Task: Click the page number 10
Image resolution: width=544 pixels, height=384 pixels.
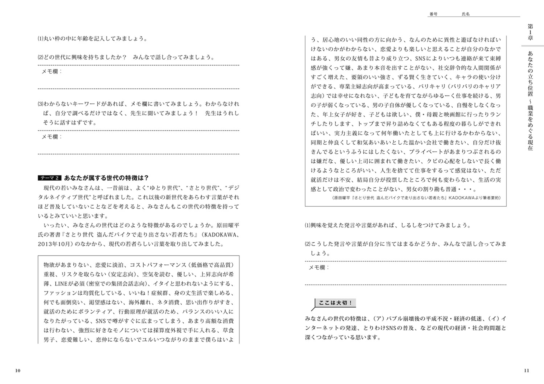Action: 18,370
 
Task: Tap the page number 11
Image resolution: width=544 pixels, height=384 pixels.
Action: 526,370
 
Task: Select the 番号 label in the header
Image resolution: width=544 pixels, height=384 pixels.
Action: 433,14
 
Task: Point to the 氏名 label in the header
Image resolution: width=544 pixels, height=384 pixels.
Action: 466,14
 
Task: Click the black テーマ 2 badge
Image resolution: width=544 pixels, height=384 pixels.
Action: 50,178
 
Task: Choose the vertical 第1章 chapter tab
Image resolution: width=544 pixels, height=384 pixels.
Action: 530,32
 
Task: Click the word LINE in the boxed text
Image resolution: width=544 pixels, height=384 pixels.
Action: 61,284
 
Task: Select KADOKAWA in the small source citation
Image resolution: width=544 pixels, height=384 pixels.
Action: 461,198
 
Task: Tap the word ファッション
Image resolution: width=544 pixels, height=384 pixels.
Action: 58,293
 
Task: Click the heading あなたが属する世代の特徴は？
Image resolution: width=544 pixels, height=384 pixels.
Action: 106,178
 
